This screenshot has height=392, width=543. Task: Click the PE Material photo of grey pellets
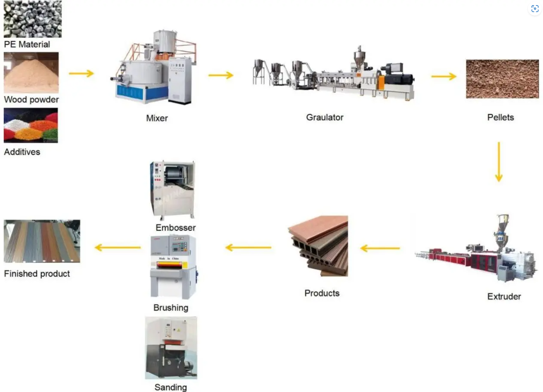pos(32,19)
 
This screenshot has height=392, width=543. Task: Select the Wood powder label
pos(31,100)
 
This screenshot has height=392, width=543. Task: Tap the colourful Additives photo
pos(31,125)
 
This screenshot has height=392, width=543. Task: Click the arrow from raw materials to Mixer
pos(81,74)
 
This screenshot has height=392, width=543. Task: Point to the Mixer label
pos(157,118)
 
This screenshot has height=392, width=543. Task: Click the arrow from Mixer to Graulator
pos(220,75)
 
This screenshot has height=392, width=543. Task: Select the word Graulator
pos(325,117)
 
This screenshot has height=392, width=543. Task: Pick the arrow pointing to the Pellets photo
pos(444,77)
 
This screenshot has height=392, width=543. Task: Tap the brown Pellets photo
pos(502,79)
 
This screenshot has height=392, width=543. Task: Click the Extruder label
pos(504,296)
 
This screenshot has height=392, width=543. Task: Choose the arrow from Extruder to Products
pos(380,248)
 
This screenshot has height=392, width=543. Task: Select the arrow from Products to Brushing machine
pos(248,247)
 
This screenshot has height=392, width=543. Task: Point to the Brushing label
pos(171,308)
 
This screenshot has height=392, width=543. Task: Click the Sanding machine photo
pos(171,348)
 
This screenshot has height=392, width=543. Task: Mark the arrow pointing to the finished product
pos(118,247)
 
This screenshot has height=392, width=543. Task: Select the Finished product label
pos(37,274)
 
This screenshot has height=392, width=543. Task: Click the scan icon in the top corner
pos(535,9)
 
